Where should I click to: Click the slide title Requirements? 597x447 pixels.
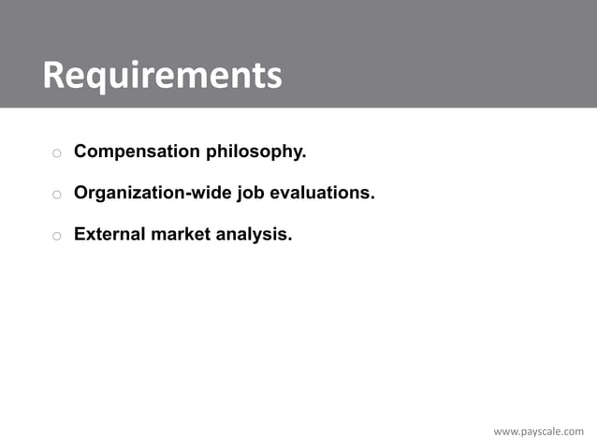pyautogui.click(x=161, y=76)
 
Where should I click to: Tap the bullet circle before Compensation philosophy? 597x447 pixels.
pyautogui.click(x=56, y=153)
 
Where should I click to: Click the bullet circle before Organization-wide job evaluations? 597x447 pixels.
pyautogui.click(x=56, y=195)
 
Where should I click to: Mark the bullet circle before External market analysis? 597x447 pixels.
pyautogui.click(x=56, y=237)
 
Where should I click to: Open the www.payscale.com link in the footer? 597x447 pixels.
pyautogui.click(x=538, y=431)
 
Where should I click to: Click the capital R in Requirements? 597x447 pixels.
pyautogui.click(x=54, y=76)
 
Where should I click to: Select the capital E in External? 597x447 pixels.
pyautogui.click(x=80, y=234)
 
